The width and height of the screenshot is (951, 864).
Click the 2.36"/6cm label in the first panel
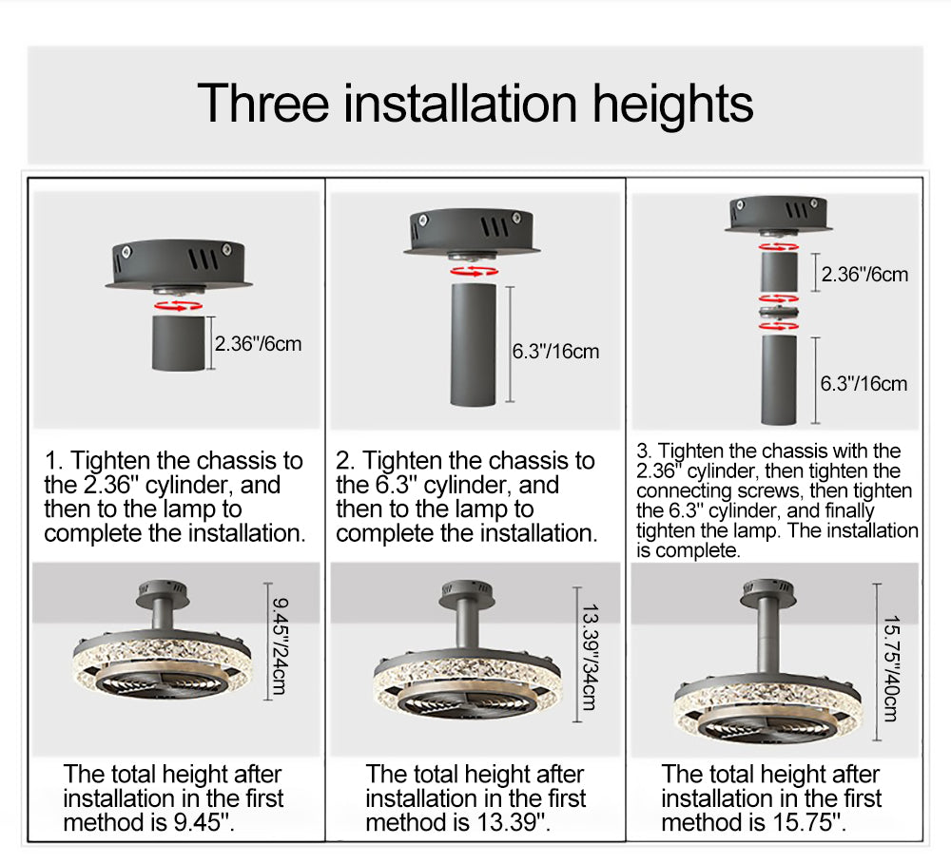tap(258, 344)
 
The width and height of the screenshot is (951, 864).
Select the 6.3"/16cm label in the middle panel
tap(555, 351)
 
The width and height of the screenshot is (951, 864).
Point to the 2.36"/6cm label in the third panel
tap(864, 274)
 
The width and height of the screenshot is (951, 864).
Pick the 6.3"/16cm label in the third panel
tap(864, 383)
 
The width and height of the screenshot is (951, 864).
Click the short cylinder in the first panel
tap(179, 343)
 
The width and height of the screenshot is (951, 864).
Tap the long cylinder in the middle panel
tap(473, 344)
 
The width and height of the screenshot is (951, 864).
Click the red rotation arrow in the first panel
tap(179, 305)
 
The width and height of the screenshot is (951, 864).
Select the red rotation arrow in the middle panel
tap(474, 271)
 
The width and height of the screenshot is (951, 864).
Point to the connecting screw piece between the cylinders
tap(780, 313)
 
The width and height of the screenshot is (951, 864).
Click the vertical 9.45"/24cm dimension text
tap(280, 646)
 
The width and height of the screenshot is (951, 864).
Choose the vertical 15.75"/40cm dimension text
tap(891, 668)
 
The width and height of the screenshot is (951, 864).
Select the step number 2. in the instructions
tap(346, 461)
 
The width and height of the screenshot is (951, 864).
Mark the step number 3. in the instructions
tap(644, 451)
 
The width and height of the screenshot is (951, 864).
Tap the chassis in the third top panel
tap(779, 214)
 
